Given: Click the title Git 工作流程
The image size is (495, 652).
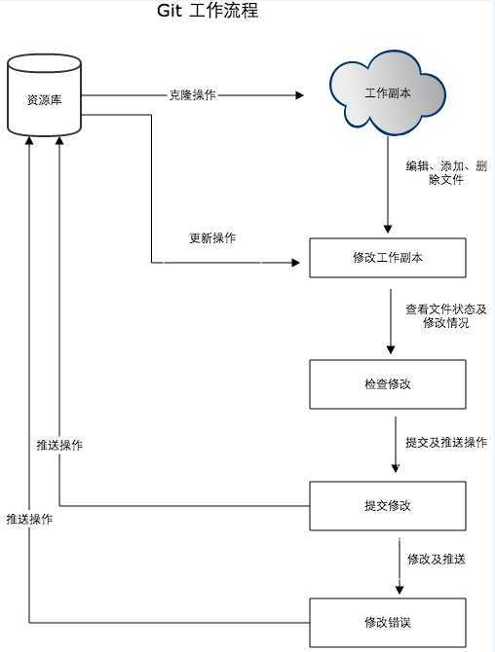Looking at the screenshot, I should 208,13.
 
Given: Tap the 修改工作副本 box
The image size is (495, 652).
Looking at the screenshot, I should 388,258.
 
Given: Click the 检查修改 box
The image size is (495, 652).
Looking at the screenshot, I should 388,383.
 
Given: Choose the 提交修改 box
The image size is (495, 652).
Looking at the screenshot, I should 388,505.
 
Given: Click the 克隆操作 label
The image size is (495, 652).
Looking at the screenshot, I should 192,95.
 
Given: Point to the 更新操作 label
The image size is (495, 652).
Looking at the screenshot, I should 211,237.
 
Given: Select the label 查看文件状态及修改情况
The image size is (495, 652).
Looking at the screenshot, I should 446,315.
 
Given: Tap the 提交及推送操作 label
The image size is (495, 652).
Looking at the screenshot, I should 445,442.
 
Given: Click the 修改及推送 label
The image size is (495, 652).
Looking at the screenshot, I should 436,559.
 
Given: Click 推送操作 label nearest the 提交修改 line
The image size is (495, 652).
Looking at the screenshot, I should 58,445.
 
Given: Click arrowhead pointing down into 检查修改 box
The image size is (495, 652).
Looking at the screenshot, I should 391,351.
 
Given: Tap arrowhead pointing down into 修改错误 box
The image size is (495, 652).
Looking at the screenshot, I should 398,588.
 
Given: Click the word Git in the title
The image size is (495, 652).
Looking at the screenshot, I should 171,13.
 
